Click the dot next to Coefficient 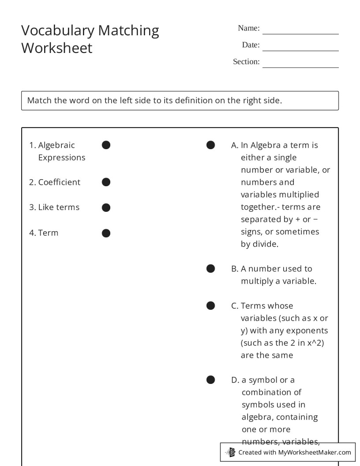pyautogui.click(x=106, y=182)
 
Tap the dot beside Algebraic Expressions pyautogui.click(x=106, y=145)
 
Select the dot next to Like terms pyautogui.click(x=106, y=207)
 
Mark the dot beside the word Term pyautogui.click(x=106, y=233)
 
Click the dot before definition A pyautogui.click(x=210, y=145)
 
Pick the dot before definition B pyautogui.click(x=210, y=268)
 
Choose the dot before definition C pyautogui.click(x=210, y=305)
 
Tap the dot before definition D pyautogui.click(x=210, y=380)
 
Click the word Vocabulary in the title pyautogui.click(x=58, y=30)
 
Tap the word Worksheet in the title pyautogui.click(x=57, y=48)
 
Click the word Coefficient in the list pyautogui.click(x=59, y=182)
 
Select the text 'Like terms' pyautogui.click(x=59, y=207)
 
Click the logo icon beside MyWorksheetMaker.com pyautogui.click(x=231, y=452)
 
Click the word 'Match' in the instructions pyautogui.click(x=39, y=100)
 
